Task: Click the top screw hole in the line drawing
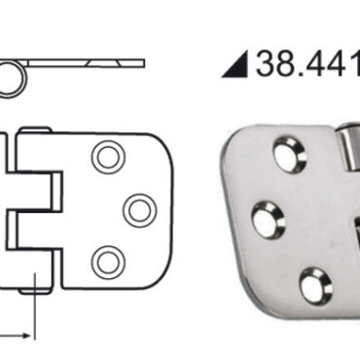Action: (108, 157)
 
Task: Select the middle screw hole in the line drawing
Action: (140, 210)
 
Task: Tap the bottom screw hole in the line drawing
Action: (108, 263)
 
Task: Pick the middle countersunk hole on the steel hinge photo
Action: (269, 219)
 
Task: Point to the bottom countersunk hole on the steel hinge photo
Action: (315, 286)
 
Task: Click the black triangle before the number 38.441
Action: (236, 64)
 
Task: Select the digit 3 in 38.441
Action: (267, 63)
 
